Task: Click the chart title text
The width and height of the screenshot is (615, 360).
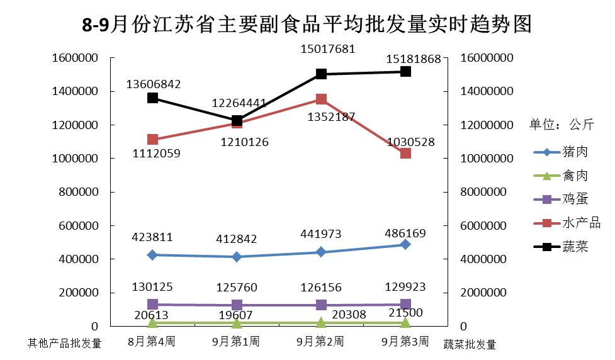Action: point(307,25)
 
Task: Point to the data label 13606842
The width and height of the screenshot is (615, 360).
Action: point(154,84)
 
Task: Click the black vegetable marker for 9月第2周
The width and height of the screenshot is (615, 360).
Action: point(321,74)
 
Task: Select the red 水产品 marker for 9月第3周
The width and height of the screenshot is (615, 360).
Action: point(405,153)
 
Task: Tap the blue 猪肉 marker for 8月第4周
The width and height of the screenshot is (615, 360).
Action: point(152,255)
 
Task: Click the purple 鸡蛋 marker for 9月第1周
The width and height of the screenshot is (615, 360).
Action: point(237,305)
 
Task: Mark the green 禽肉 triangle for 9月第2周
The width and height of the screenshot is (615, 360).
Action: point(321,322)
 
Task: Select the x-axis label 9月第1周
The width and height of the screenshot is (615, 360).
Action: point(236,342)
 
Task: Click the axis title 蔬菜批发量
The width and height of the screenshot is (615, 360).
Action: point(470,344)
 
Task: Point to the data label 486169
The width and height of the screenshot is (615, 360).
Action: point(405,233)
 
